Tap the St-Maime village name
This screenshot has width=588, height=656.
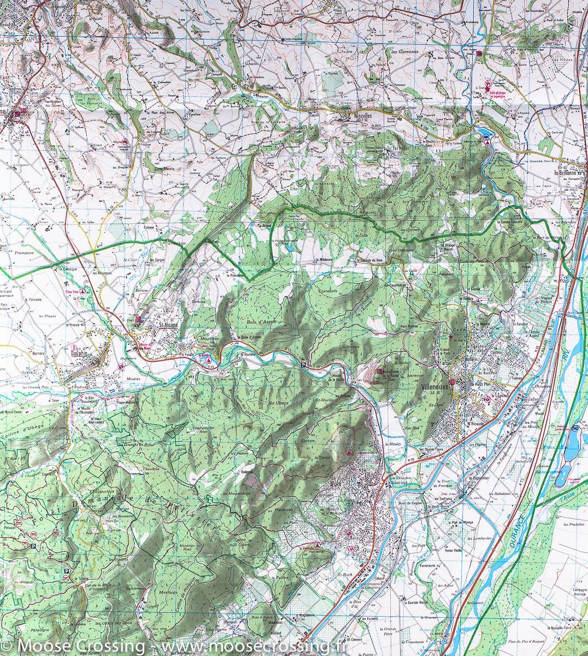(169, 326)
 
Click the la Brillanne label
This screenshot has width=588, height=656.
(570, 173)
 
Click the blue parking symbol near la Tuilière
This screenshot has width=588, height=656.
(67, 572)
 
